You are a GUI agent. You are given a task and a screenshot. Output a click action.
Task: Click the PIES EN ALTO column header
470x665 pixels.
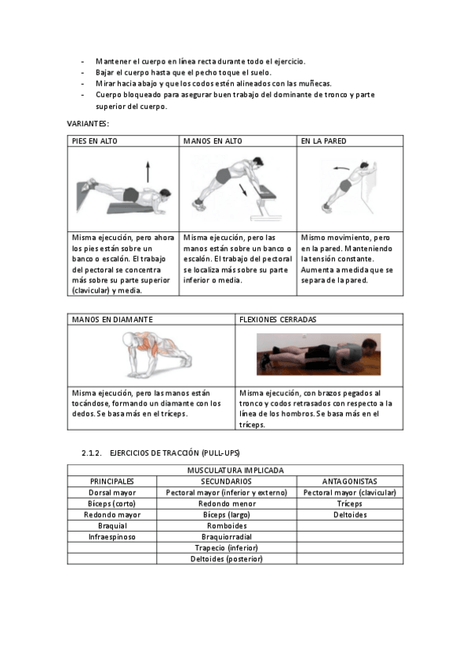click(x=95, y=141)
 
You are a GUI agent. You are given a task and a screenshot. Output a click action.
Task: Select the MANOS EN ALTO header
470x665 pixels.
click(x=213, y=141)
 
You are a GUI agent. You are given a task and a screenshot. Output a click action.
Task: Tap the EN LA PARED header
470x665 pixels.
click(x=323, y=141)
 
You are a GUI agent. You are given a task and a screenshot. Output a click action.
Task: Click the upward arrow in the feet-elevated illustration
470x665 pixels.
click(x=148, y=171)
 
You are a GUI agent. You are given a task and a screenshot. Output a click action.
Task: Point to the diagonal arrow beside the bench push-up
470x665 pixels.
click(x=242, y=190)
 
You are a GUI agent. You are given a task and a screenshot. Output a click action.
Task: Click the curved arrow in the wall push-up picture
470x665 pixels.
click(x=341, y=169)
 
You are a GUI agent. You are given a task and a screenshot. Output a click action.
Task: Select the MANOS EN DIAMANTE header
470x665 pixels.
click(x=112, y=320)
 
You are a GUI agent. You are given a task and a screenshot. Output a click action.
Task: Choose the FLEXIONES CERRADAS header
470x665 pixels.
click(x=278, y=320)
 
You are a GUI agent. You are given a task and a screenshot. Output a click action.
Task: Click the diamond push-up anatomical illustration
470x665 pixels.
click(x=156, y=355)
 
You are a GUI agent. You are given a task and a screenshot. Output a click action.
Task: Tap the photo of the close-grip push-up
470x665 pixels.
click(x=319, y=354)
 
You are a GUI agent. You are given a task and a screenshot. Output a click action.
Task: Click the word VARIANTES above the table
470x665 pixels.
click(x=88, y=124)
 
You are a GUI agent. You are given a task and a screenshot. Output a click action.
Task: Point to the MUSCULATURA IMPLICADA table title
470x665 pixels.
click(x=235, y=471)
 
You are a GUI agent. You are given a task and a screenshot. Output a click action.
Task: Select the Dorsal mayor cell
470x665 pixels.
click(x=112, y=492)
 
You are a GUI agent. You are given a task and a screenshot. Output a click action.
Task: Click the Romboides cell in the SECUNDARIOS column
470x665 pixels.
click(x=227, y=526)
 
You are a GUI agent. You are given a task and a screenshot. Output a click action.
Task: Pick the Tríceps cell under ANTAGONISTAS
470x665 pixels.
click(x=349, y=503)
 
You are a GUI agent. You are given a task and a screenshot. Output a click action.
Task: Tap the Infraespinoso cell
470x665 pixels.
click(x=112, y=537)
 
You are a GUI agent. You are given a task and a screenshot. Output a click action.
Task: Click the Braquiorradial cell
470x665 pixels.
click(x=227, y=537)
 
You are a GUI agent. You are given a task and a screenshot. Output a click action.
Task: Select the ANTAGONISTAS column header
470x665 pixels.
click(x=349, y=481)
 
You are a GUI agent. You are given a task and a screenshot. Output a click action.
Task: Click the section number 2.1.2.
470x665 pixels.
click(x=92, y=453)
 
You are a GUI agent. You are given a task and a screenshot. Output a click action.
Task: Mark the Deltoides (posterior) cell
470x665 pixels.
click(x=227, y=559)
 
